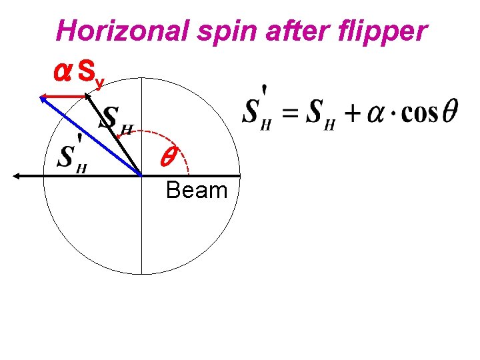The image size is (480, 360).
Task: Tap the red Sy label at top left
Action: pyautogui.click(x=91, y=72)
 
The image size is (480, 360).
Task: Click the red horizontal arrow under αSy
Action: pyautogui.click(x=65, y=97)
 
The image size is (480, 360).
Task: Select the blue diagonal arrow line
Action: pyautogui.click(x=93, y=138)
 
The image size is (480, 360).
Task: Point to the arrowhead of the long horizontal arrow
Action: pyautogui.click(x=16, y=176)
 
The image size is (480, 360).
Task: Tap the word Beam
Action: pyautogui.click(x=197, y=191)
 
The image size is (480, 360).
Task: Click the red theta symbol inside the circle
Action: pyautogui.click(x=167, y=157)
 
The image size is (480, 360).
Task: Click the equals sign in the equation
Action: pyautogui.click(x=289, y=113)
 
